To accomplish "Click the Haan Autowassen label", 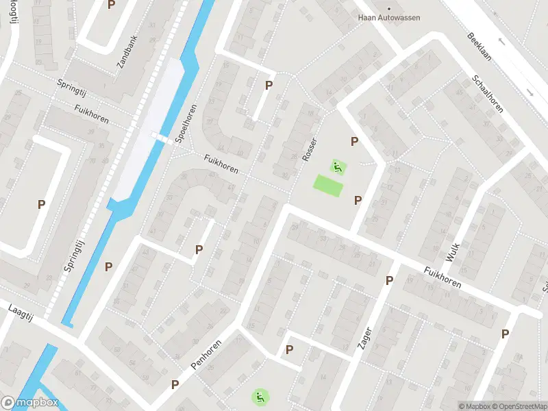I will point(389,17).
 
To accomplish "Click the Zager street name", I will point(364,338).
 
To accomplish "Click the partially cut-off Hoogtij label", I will point(13,12).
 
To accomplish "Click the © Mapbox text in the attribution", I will point(475,406).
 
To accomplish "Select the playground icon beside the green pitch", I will point(336,166).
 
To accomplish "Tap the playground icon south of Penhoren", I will point(259,396).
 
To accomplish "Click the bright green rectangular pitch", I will point(328,185).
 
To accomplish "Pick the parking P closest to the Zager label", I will point(389,280).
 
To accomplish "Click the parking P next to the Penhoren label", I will point(175,385).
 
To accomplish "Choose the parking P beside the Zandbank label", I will point(112,5).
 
